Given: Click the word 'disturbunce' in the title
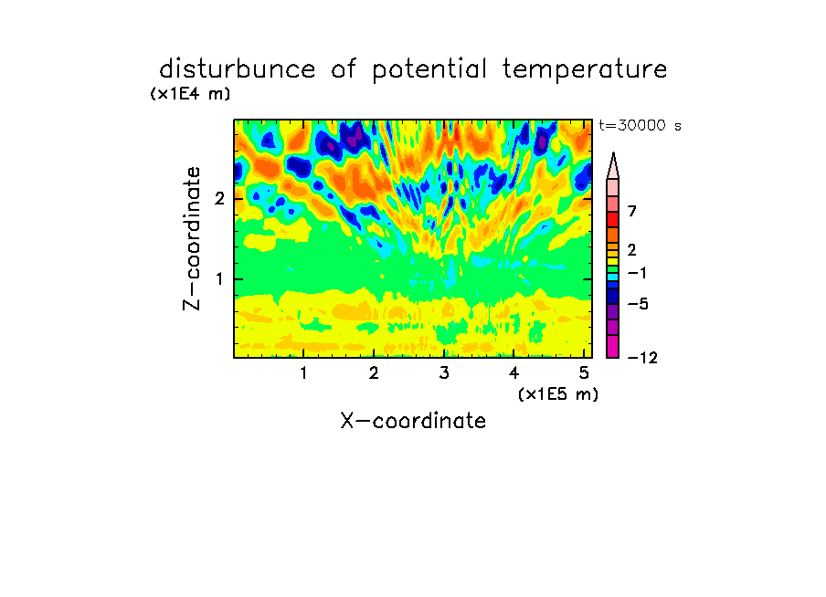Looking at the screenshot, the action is (238, 69).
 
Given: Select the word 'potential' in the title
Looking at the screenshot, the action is (429, 70).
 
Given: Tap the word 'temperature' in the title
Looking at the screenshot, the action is (585, 70).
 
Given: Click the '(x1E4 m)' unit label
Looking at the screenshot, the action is (190, 94).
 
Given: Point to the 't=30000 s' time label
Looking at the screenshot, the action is (640, 125).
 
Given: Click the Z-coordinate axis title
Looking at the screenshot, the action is (192, 238).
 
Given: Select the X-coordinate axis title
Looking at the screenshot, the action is (413, 421).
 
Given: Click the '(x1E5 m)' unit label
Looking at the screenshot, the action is (558, 394).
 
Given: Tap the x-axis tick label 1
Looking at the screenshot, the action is (303, 373).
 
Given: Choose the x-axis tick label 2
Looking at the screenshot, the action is (374, 373).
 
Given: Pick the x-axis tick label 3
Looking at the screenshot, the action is (444, 373).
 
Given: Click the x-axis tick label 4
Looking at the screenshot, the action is (514, 373).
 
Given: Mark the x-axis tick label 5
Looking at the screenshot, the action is (584, 373).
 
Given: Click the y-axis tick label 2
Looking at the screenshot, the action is (219, 199).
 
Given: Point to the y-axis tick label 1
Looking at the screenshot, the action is (219, 279).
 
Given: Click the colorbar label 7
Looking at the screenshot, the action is (632, 212).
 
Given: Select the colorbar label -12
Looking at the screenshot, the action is (642, 358).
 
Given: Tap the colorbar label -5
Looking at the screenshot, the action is (638, 304).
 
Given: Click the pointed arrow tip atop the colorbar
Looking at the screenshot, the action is (613, 152).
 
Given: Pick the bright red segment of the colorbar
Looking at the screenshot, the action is (613, 219).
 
